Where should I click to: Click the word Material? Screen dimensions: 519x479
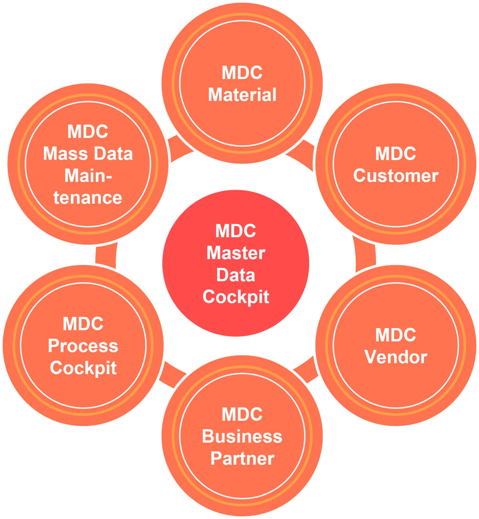242,95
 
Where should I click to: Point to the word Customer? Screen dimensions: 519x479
396,176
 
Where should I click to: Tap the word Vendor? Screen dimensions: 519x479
396,357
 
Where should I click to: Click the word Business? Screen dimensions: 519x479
242,437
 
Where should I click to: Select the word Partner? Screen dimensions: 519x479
242,459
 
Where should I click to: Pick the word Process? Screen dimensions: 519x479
83,346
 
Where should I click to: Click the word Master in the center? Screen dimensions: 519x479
236,253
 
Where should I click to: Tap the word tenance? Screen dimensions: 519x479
88,198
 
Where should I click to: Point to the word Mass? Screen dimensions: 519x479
61,154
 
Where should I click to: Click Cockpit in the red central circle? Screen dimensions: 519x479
236,297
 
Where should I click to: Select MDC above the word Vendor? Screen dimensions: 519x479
396,335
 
